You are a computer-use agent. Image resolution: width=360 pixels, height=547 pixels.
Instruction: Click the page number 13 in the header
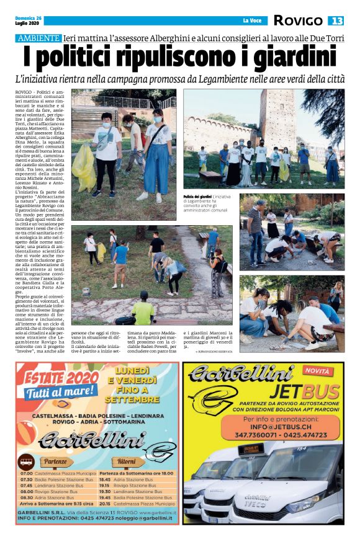click(336, 21)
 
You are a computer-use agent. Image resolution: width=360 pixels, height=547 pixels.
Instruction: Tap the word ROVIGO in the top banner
click(299, 21)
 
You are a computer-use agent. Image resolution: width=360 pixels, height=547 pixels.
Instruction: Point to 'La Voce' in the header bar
click(251, 21)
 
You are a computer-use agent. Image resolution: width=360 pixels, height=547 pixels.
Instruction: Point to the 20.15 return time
click(106, 504)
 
